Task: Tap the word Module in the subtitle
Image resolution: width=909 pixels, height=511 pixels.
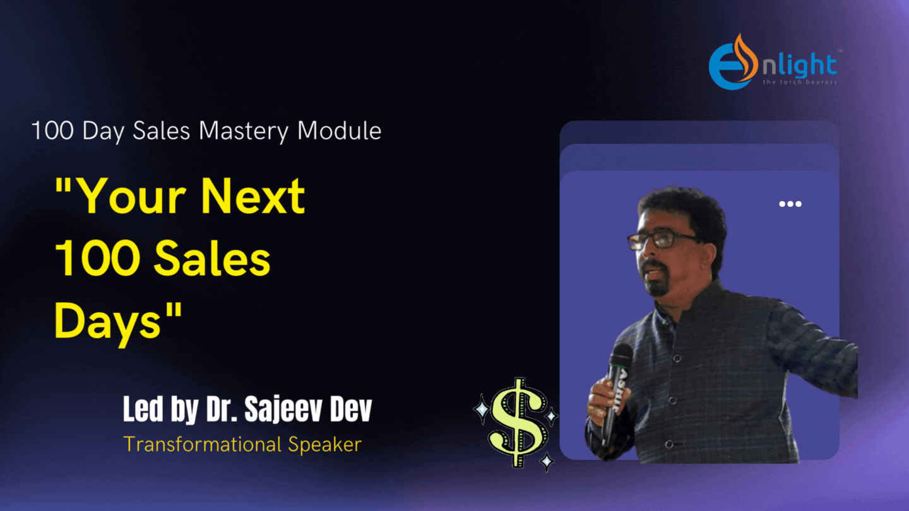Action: pyautogui.click(x=339, y=131)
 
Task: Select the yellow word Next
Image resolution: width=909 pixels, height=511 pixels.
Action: pyautogui.click(x=252, y=196)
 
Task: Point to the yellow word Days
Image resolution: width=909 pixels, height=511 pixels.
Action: pyautogui.click(x=108, y=322)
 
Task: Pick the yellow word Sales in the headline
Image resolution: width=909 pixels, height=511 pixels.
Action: pyautogui.click(x=212, y=259)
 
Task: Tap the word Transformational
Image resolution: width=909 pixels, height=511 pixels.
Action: pyautogui.click(x=203, y=444)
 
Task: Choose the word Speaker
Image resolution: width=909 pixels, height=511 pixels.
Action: pyautogui.click(x=324, y=445)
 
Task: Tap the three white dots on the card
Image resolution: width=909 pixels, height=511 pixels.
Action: pyautogui.click(x=790, y=204)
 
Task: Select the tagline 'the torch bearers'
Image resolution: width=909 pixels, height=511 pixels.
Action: pyautogui.click(x=799, y=82)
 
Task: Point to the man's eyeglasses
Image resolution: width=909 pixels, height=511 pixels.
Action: pyautogui.click(x=662, y=239)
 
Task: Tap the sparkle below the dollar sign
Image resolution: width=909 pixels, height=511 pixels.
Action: pyautogui.click(x=547, y=461)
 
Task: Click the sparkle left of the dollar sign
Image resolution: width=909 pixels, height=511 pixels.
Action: pyautogui.click(x=482, y=409)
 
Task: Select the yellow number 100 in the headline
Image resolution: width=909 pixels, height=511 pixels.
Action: pyautogui.click(x=97, y=259)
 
